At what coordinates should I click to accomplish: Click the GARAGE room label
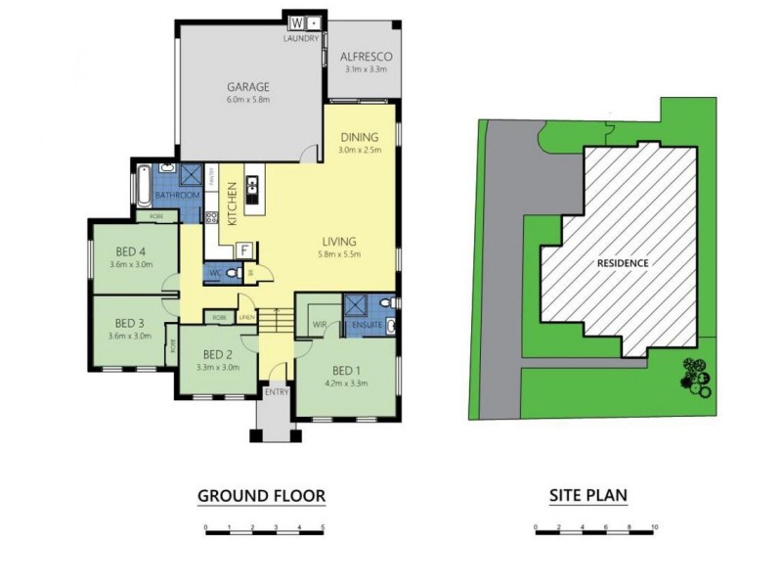pyautogui.click(x=247, y=86)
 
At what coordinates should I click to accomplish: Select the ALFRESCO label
pyautogui.click(x=366, y=56)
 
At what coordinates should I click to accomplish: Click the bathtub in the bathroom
pyautogui.click(x=145, y=186)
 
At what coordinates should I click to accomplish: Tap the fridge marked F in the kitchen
pyautogui.click(x=243, y=248)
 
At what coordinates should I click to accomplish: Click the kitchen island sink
pyautogui.click(x=252, y=184)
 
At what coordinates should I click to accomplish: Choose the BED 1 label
pyautogui.click(x=346, y=370)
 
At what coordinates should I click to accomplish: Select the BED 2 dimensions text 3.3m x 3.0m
pyautogui.click(x=217, y=368)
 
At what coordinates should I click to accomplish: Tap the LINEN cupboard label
pyautogui.click(x=246, y=318)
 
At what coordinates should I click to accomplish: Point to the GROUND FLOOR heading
pyautogui.click(x=261, y=496)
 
